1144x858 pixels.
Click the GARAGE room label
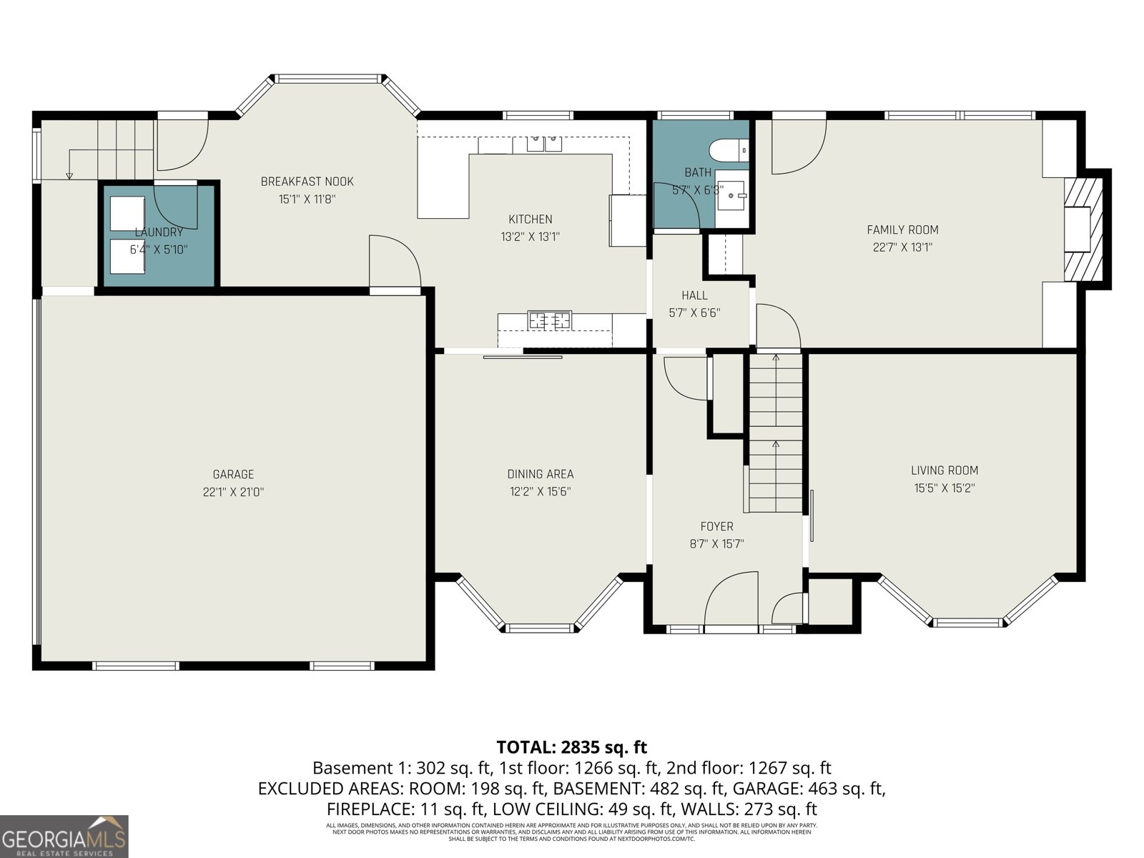(233, 474)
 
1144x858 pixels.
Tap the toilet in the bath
(726, 151)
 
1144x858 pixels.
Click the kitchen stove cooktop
(550, 320)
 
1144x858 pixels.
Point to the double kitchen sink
(544, 144)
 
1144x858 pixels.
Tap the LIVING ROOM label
(944, 470)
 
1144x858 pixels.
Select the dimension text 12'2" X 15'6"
(540, 492)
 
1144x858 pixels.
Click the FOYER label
(716, 526)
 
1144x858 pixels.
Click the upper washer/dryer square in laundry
(127, 213)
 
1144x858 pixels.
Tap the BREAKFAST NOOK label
(307, 182)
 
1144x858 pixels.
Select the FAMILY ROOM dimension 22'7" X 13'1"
(902, 247)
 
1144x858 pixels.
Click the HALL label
(694, 295)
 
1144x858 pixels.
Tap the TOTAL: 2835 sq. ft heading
(571, 747)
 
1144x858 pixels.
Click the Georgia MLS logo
(64, 836)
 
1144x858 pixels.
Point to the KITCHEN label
(530, 219)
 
